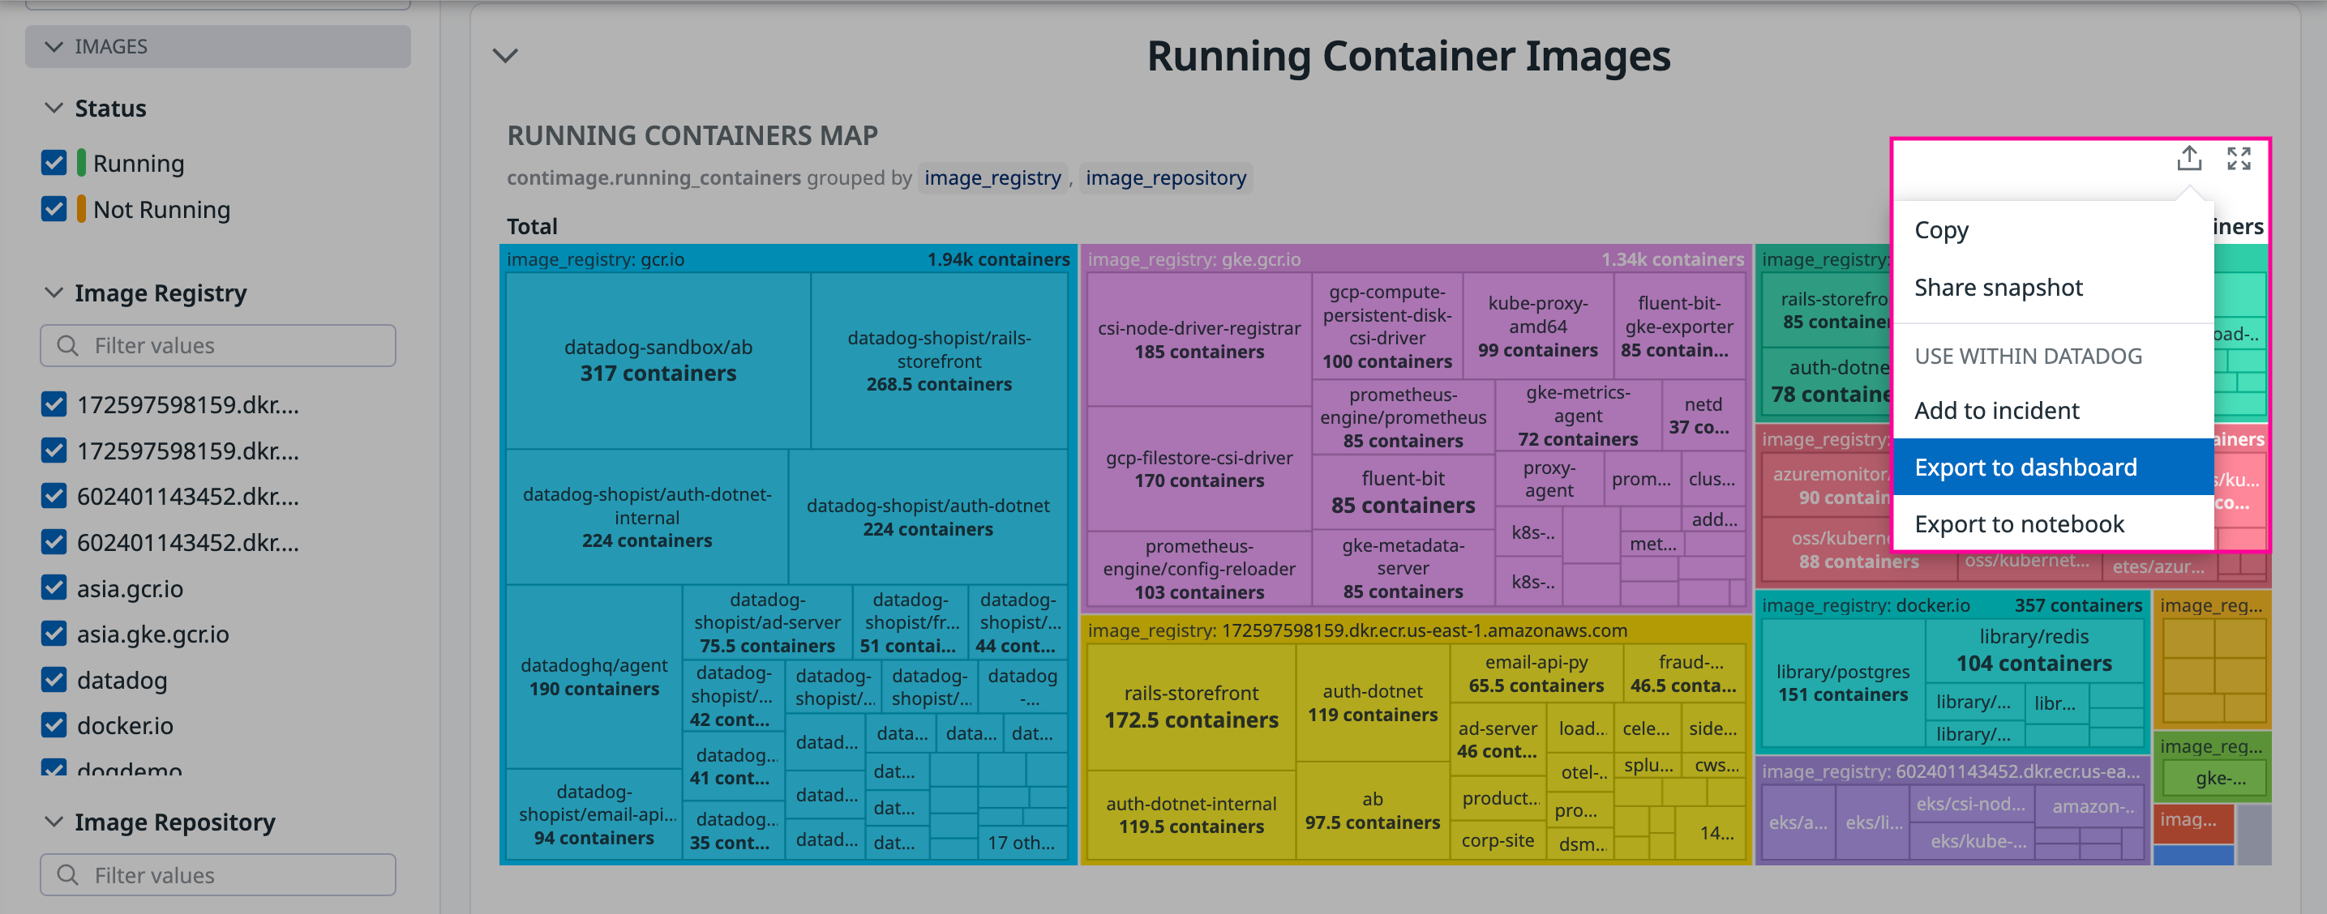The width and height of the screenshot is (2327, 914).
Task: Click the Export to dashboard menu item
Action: point(2025,467)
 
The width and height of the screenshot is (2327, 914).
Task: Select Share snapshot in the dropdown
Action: point(1997,287)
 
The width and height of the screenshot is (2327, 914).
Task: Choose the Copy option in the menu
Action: point(1940,229)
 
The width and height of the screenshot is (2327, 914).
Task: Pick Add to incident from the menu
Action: point(1995,410)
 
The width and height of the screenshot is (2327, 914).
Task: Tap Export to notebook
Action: point(2018,523)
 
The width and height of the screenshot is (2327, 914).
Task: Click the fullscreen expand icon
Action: point(2238,159)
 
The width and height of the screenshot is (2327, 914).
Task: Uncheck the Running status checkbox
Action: point(54,163)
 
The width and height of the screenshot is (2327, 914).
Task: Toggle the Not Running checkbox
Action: point(54,208)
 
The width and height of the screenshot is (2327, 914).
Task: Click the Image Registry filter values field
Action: point(218,345)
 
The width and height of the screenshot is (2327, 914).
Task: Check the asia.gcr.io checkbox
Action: point(54,587)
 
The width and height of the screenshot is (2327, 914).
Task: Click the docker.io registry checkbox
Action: point(54,724)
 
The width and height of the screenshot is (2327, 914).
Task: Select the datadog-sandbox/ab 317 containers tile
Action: point(658,361)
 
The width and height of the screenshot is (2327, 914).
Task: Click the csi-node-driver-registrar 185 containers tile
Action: point(1198,340)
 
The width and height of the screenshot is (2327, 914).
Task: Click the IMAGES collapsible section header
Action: point(218,46)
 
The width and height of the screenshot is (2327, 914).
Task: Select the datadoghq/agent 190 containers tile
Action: point(594,677)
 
